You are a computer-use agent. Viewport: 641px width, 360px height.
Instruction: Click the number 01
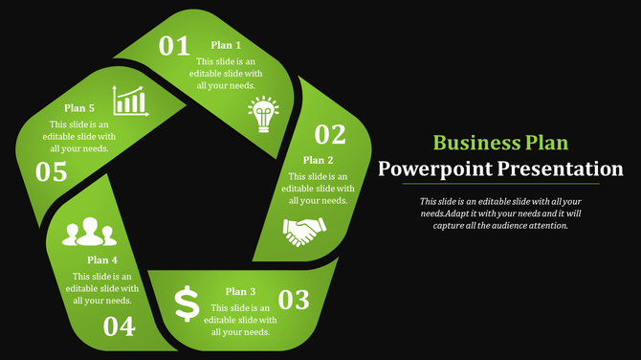tap(174, 46)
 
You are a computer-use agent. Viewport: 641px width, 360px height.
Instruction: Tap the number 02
tap(330, 134)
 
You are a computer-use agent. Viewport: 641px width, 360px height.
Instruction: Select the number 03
tap(294, 300)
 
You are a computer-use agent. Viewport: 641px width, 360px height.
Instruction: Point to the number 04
tap(120, 327)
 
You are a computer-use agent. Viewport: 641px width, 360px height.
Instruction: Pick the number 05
tap(52, 172)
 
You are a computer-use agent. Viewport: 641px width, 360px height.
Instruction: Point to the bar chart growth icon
tap(130, 100)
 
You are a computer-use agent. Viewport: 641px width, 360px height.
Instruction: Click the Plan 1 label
tap(226, 45)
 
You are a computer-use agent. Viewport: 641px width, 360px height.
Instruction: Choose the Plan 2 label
tap(318, 160)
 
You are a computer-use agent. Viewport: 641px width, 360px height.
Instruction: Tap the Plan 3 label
tap(240, 291)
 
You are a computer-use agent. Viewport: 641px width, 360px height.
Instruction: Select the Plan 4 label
tap(102, 259)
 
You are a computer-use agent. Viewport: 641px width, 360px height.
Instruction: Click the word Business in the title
tap(475, 144)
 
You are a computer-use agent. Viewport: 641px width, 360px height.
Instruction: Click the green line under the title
tap(500, 184)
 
